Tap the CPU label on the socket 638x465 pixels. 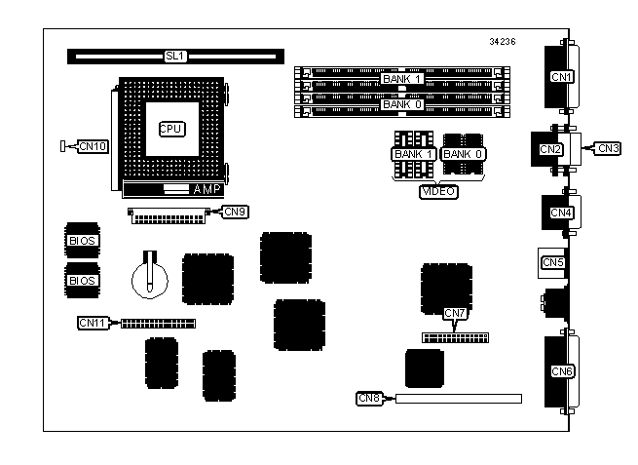(171, 128)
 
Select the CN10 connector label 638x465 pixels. (94, 146)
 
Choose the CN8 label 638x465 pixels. (370, 398)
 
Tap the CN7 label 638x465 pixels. (456, 313)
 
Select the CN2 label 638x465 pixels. (551, 149)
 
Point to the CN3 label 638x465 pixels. (608, 148)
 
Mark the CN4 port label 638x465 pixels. (562, 213)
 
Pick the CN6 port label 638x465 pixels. (563, 371)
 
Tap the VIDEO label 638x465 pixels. (438, 192)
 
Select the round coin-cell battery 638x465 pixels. (151, 277)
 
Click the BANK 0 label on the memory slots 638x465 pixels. (402, 104)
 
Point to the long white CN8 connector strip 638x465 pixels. (458, 398)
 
